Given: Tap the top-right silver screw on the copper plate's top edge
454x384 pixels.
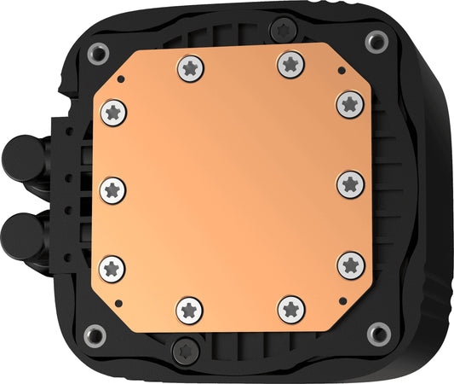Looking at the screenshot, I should tap(290, 62).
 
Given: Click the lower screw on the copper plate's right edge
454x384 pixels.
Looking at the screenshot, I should tap(350, 264).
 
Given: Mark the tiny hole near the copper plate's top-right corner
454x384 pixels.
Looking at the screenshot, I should tap(340, 73).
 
